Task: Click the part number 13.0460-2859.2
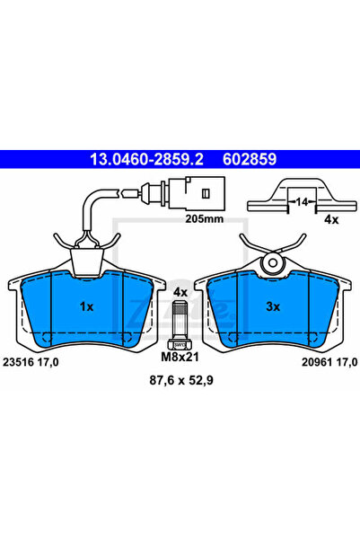(146, 160)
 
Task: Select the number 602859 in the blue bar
(247, 160)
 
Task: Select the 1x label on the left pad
(86, 306)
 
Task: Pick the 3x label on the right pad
(273, 306)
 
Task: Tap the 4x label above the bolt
(180, 292)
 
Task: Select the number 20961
(309, 360)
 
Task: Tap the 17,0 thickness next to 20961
(346, 360)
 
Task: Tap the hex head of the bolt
(179, 343)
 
